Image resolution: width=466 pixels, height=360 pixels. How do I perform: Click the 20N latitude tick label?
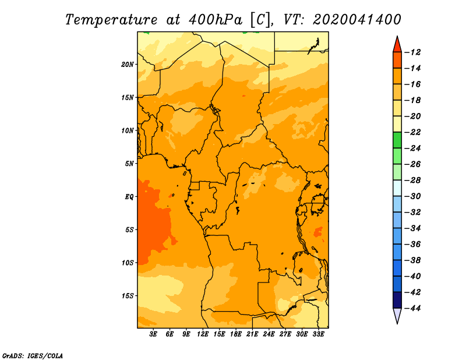tap(128, 65)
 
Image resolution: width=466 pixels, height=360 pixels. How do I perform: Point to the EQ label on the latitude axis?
tap(129, 197)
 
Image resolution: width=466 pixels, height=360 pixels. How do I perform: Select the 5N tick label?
tap(129, 164)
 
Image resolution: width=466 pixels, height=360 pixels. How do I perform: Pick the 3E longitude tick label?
tap(153, 334)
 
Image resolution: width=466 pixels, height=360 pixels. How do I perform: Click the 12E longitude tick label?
tap(203, 334)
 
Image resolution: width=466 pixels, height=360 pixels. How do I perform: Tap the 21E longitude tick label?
tap(252, 334)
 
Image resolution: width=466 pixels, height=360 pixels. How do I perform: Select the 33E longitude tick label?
tap(318, 334)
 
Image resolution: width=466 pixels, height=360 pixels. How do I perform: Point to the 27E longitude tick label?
tap(285, 334)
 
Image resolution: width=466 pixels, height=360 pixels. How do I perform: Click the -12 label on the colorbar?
tap(412, 52)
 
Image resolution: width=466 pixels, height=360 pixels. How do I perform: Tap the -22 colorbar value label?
tap(412, 132)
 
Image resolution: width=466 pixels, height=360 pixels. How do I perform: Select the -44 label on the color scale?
tap(412, 308)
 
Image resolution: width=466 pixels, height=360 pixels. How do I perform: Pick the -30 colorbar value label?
tap(412, 196)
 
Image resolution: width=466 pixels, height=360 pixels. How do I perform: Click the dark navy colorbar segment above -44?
tap(397, 300)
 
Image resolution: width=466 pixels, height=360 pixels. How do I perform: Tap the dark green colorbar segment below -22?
tap(397, 140)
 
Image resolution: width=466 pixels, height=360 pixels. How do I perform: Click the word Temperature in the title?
tap(111, 20)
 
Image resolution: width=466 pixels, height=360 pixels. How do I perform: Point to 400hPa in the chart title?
tap(216, 20)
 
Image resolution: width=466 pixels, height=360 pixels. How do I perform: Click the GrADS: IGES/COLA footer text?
tap(33, 356)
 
